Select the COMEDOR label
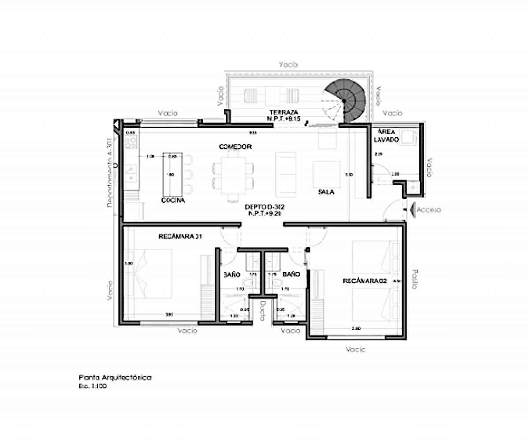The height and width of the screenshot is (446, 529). pyautogui.click(x=235, y=146)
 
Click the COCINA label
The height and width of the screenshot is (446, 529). pyautogui.click(x=173, y=201)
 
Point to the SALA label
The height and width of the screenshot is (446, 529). pyautogui.click(x=326, y=192)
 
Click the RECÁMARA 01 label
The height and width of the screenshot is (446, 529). pyautogui.click(x=180, y=237)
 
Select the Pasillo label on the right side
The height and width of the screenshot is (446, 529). pyautogui.click(x=414, y=279)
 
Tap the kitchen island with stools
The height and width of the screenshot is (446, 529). pyautogui.click(x=172, y=174)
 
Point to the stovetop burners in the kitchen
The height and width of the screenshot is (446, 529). pyautogui.click(x=130, y=141)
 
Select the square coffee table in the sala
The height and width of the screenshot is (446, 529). pyautogui.click(x=326, y=175)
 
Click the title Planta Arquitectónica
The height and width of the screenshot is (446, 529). pyautogui.click(x=115, y=378)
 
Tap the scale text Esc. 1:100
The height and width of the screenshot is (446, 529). pyautogui.click(x=93, y=386)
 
